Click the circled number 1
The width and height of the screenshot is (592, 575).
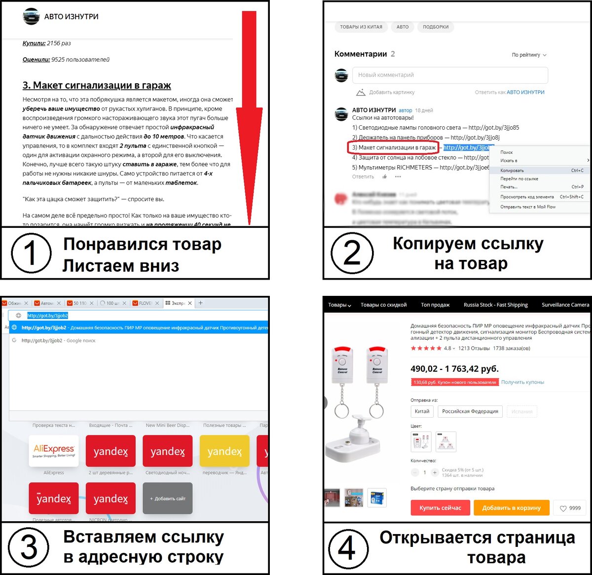coord(31,253)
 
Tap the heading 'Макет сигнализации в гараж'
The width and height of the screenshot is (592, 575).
coord(97,85)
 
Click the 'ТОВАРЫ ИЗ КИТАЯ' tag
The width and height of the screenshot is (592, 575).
coord(361,27)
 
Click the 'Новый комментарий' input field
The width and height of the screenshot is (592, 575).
coord(449,75)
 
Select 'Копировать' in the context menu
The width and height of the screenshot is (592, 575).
coord(512,171)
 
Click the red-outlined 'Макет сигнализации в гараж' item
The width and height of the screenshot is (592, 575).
coord(394,147)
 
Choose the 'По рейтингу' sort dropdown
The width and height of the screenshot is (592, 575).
coord(529,55)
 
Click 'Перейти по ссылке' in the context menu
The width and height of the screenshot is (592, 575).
coord(519,179)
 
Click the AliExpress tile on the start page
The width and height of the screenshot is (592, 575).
coord(54,451)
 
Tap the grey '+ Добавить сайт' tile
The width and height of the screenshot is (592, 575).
coord(168,499)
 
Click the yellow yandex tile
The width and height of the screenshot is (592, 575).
coord(224,451)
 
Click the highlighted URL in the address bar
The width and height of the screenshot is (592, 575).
coord(47,316)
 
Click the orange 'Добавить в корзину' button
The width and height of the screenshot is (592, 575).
coord(511,507)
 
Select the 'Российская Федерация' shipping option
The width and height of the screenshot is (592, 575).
coord(470,411)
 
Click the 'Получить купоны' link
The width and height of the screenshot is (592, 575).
coord(522,382)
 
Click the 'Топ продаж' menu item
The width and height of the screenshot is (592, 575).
coord(435,305)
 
